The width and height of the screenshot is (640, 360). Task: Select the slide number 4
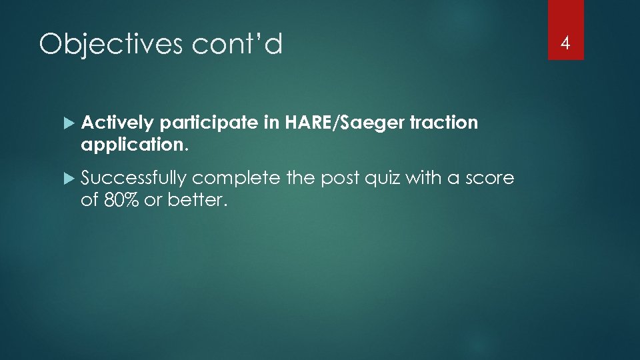[565, 44]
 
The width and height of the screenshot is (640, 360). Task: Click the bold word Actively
[117, 123]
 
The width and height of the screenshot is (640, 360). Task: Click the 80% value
[122, 199]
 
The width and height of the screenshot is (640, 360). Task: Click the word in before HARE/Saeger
[273, 123]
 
